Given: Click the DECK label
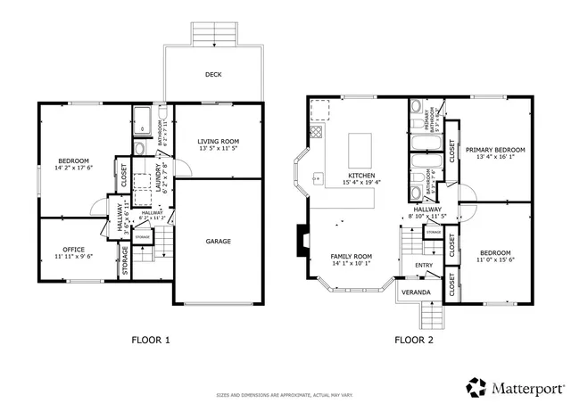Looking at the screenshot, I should [213, 75].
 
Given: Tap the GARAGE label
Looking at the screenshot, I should [219, 242].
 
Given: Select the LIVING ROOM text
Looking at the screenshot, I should [219, 141].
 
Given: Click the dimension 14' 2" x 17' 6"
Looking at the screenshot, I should [74, 168].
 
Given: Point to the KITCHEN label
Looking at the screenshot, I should [361, 175].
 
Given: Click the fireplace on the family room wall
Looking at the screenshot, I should [302, 238].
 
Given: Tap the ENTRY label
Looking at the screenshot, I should [423, 265].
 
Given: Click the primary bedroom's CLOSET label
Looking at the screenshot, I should [453, 153].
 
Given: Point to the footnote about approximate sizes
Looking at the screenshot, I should [285, 394].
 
